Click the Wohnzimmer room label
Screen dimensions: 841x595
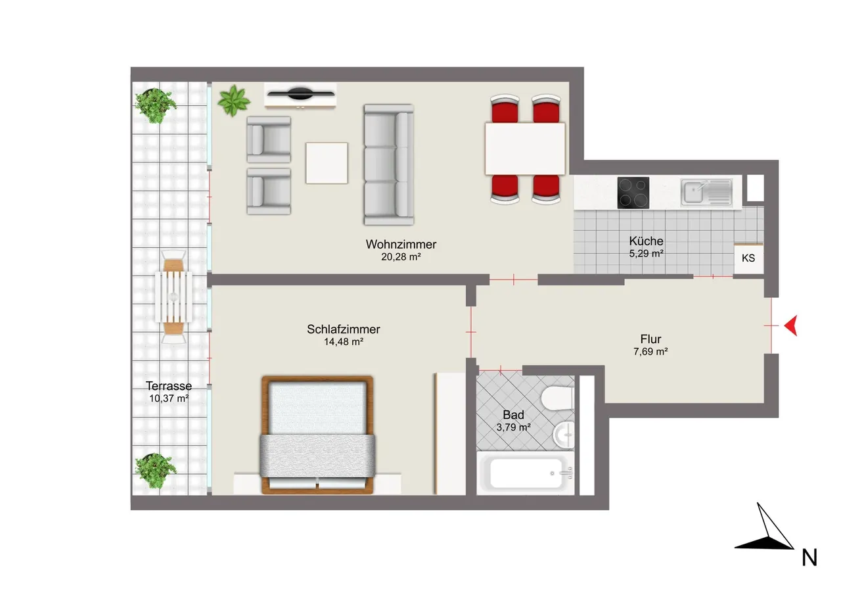pyautogui.click(x=401, y=245)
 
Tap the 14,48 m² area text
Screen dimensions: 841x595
pyautogui.click(x=344, y=342)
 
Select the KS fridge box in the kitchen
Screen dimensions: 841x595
pyautogui.click(x=748, y=258)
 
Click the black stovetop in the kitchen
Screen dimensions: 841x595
pyautogui.click(x=633, y=193)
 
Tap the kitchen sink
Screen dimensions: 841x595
pyautogui.click(x=707, y=193)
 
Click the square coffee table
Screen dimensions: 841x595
pyautogui.click(x=327, y=163)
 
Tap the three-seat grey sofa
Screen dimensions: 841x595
pyautogui.click(x=388, y=164)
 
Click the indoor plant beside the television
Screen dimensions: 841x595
pyautogui.click(x=233, y=101)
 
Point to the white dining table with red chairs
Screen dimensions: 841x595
pyautogui.click(x=525, y=149)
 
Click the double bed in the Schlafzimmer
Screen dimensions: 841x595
pyautogui.click(x=317, y=435)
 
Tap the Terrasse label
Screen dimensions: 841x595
pyautogui.click(x=169, y=386)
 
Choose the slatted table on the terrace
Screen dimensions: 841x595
pyautogui.click(x=173, y=297)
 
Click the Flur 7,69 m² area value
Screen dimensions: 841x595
pyautogui.click(x=650, y=352)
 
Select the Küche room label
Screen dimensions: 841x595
pyautogui.click(x=646, y=241)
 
